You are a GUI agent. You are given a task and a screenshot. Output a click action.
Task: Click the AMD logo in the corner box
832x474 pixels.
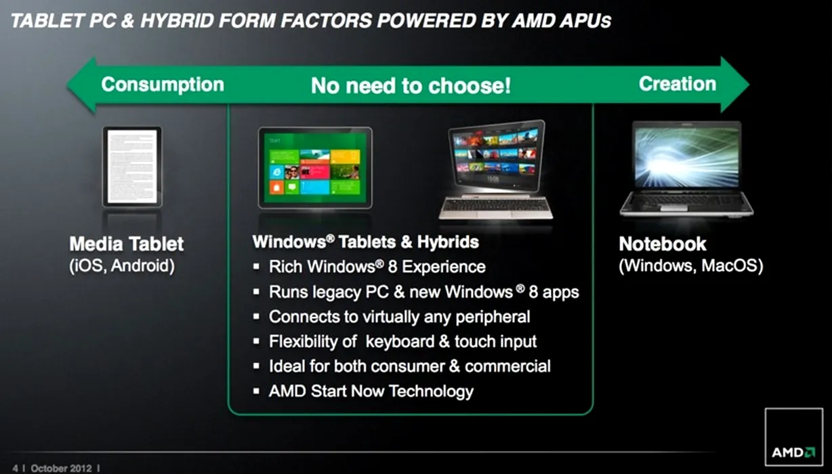click(x=793, y=452)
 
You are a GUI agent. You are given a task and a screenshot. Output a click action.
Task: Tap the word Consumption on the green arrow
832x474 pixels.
click(x=163, y=85)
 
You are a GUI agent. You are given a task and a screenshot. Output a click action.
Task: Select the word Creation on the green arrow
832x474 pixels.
click(x=678, y=84)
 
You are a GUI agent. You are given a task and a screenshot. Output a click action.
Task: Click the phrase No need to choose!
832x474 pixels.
click(x=411, y=86)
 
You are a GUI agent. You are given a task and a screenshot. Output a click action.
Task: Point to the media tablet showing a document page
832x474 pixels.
click(x=132, y=167)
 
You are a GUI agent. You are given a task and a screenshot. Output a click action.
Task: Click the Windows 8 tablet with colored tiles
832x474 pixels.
click(x=315, y=167)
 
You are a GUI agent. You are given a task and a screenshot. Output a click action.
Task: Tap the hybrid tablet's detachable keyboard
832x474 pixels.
click(x=496, y=207)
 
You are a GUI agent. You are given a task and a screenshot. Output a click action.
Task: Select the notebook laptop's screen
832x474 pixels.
click(x=687, y=155)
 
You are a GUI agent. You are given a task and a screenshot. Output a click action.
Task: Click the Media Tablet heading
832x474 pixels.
click(x=126, y=244)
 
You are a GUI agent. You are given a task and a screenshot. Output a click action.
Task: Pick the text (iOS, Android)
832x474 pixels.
click(x=122, y=265)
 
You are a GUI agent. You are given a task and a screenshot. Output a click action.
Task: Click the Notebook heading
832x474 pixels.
click(x=662, y=244)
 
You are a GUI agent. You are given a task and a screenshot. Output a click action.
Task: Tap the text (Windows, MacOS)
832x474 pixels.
click(x=691, y=265)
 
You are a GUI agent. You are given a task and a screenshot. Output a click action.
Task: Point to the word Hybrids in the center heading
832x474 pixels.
click(x=448, y=242)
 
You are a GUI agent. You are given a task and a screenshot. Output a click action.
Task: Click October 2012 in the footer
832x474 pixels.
click(x=61, y=469)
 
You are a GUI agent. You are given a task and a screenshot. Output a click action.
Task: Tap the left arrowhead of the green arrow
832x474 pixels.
click(x=82, y=85)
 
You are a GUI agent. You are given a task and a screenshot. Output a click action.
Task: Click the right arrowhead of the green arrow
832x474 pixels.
click(x=734, y=85)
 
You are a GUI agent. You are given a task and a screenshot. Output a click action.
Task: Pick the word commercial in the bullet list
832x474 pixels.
click(x=507, y=366)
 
